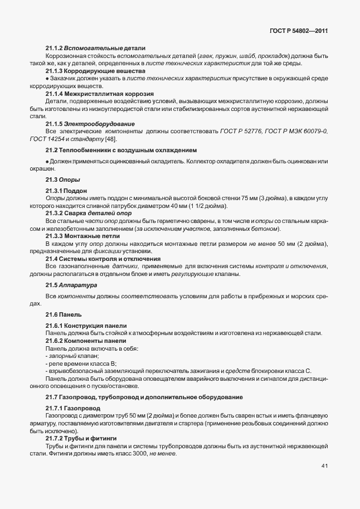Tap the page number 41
[324, 466]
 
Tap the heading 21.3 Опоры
[62, 180]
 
